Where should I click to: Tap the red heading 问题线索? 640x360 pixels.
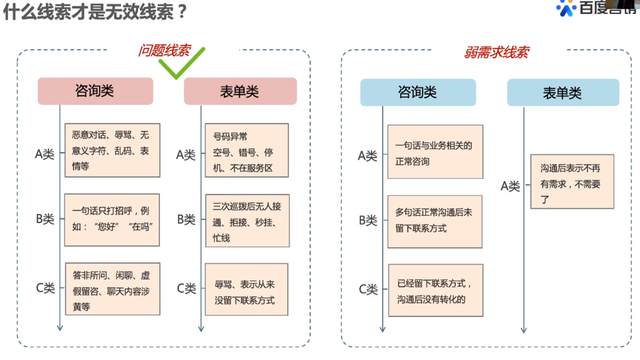(164, 52)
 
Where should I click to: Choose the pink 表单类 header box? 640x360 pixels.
(240, 92)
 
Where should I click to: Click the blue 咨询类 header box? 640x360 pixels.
(417, 92)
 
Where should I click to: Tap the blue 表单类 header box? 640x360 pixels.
(562, 92)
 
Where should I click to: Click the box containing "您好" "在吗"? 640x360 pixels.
(107, 219)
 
